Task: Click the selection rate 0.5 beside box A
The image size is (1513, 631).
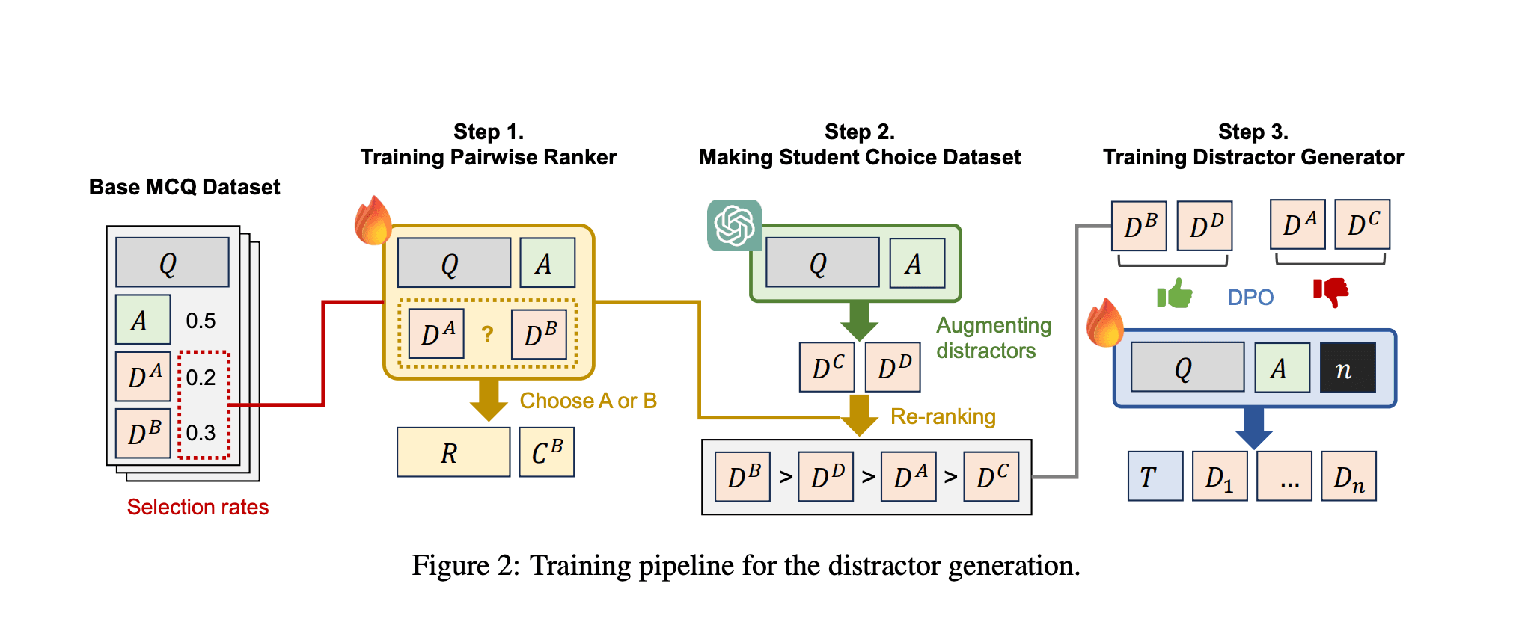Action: [201, 321]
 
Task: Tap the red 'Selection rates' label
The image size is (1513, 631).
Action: [198, 507]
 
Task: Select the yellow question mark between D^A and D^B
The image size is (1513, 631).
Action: [487, 333]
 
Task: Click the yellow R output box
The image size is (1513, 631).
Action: [453, 452]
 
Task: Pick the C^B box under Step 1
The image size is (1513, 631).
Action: [547, 452]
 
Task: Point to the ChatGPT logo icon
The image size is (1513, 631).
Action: [734, 225]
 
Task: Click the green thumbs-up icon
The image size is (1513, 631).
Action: [1175, 294]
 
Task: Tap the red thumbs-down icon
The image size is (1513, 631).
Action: [1330, 292]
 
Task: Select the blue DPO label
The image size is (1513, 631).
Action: [1250, 298]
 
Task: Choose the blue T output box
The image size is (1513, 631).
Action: [1155, 476]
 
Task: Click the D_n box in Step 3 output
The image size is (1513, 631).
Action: [1348, 476]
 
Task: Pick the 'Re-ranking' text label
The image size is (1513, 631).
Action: [943, 416]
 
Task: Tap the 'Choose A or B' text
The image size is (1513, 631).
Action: [588, 401]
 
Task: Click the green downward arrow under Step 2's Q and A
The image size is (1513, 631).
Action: [859, 320]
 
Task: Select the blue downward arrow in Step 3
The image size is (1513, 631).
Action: [1254, 428]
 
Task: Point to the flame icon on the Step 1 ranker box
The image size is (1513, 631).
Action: [373, 221]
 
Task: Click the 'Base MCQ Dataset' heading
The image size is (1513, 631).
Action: [184, 187]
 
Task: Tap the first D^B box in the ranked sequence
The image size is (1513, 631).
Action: [743, 476]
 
